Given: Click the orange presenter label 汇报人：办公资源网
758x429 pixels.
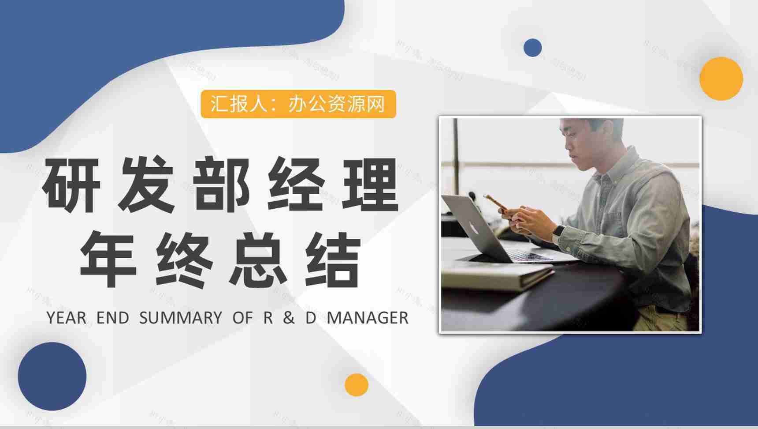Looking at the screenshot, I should [298, 104].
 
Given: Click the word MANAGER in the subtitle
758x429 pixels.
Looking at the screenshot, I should [368, 318].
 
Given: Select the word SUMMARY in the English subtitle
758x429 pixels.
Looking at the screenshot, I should [181, 318].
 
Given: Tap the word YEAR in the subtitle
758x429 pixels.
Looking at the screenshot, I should [66, 318].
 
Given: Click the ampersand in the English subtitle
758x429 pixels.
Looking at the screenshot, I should [289, 318].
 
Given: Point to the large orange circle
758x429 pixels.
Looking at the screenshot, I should [721, 79].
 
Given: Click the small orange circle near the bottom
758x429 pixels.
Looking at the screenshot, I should [356, 385].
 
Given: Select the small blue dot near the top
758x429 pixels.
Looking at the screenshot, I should [532, 48].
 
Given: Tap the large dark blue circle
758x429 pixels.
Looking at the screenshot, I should [52, 376].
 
